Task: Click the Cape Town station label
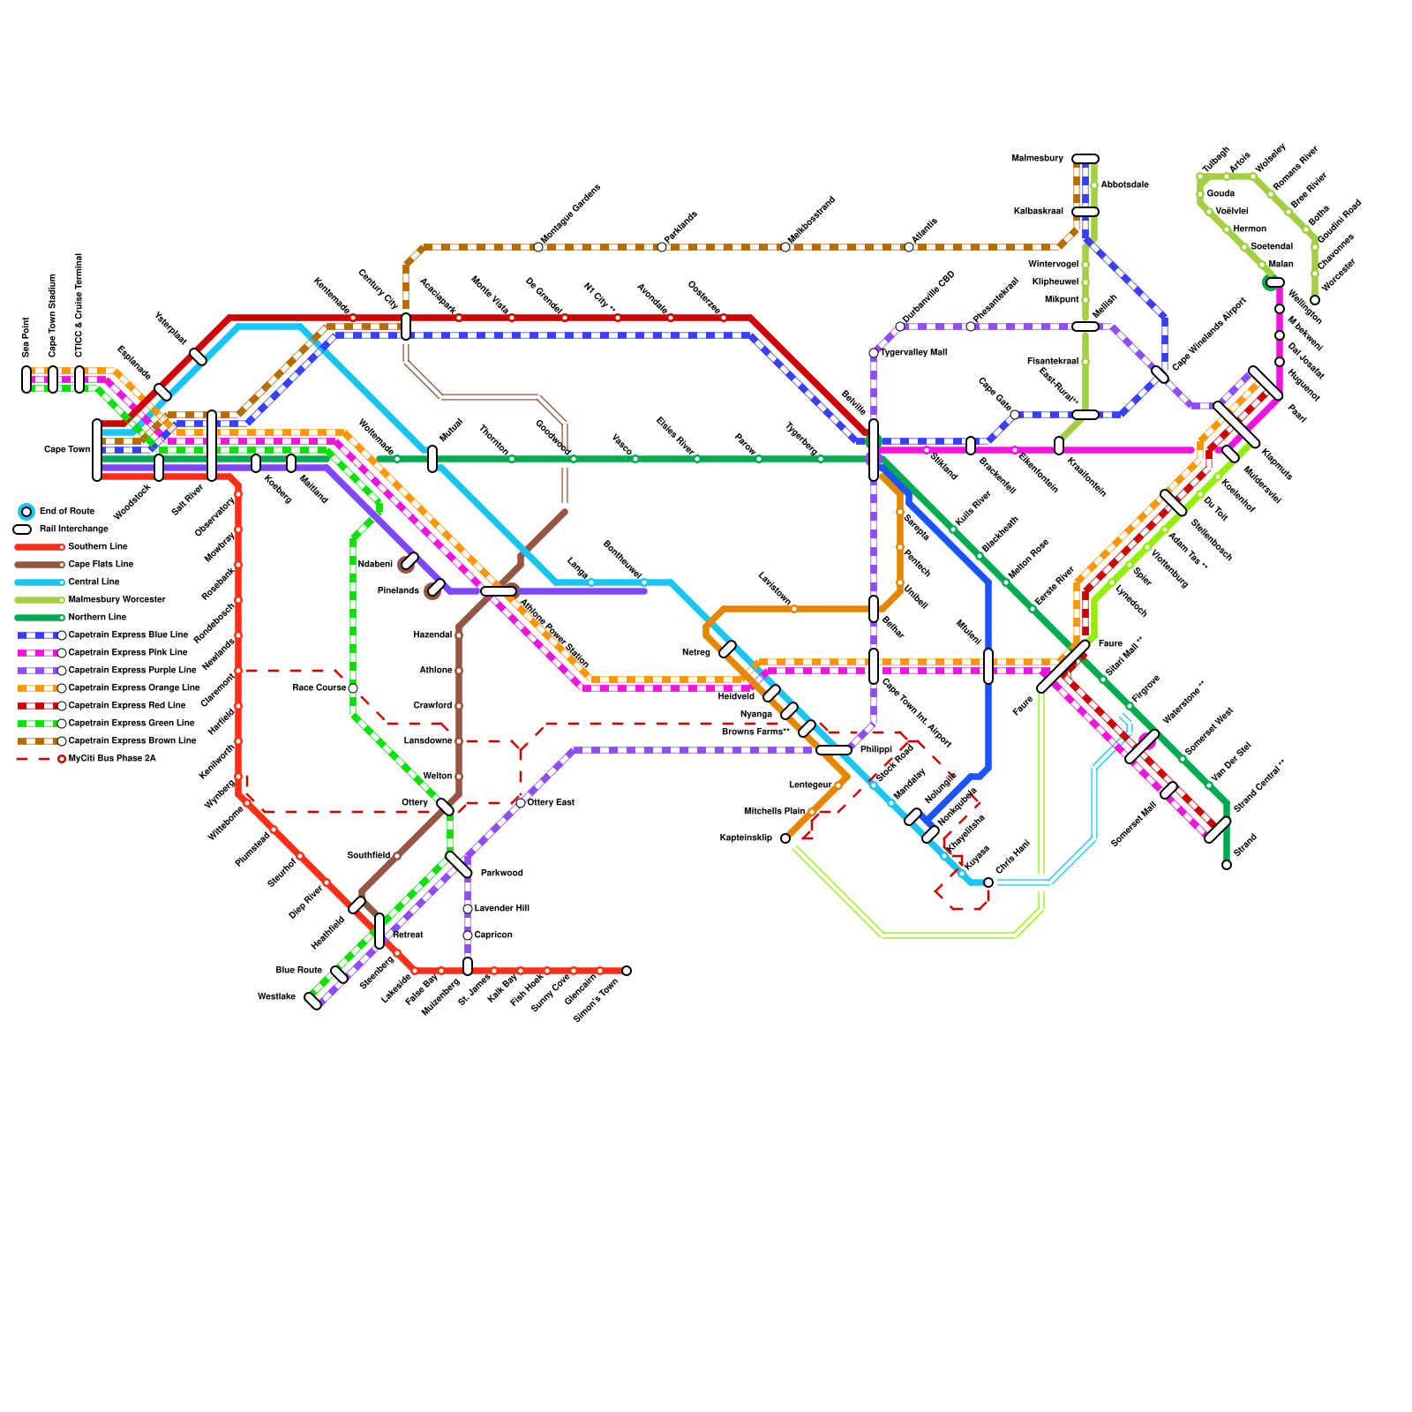point(67,450)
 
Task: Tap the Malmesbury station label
point(1037,159)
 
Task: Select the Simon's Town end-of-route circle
point(627,971)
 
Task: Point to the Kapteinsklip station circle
point(785,838)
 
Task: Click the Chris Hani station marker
point(988,882)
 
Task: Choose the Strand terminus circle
point(1227,865)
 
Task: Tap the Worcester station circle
point(1315,300)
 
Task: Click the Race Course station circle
point(353,688)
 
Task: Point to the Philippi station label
point(875,750)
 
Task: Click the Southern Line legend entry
point(97,547)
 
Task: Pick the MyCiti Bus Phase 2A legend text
point(112,759)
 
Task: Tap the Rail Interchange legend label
point(74,529)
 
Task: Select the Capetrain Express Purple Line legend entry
point(132,671)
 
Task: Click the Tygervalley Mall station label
point(913,353)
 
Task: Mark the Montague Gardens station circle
point(538,247)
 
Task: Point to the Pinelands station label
point(398,591)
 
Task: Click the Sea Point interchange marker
point(26,379)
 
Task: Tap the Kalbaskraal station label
point(1038,212)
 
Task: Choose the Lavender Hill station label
point(501,909)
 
